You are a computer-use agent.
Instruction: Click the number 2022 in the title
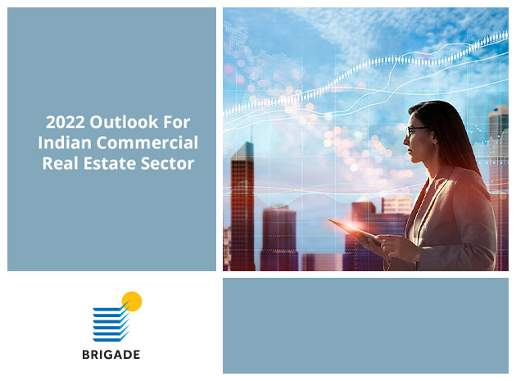click(66, 122)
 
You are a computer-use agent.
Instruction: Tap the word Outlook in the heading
click(124, 122)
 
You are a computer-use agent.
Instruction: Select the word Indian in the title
click(65, 143)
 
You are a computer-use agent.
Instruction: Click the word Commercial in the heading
click(147, 143)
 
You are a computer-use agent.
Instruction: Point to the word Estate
click(109, 163)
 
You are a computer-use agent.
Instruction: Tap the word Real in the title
click(61, 163)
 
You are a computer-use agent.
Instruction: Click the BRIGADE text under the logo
click(111, 354)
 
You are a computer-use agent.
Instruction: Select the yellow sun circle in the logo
click(132, 302)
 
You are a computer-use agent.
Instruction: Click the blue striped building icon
click(111, 323)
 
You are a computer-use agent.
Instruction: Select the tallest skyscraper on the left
click(242, 206)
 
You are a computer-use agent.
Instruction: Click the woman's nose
click(406, 141)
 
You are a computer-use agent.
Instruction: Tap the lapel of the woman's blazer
click(428, 204)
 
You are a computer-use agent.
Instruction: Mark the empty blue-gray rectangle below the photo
click(365, 325)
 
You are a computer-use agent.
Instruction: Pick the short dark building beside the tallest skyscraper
click(279, 238)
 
